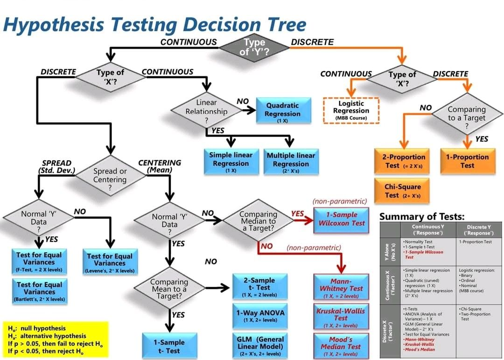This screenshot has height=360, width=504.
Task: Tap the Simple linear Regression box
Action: tap(231, 162)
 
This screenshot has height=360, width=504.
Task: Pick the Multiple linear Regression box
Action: tap(291, 162)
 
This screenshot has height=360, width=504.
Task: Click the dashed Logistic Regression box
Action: tap(351, 110)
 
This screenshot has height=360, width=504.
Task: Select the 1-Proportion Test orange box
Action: tap(467, 161)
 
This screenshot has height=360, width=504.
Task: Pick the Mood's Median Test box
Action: tap(341, 346)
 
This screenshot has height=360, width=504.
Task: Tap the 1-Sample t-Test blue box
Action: tap(169, 346)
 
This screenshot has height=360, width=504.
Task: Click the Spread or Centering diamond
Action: tap(110, 176)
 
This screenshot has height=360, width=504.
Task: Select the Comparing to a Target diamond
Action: tap(466, 114)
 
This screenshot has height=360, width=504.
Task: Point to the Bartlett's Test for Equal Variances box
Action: tap(39, 291)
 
